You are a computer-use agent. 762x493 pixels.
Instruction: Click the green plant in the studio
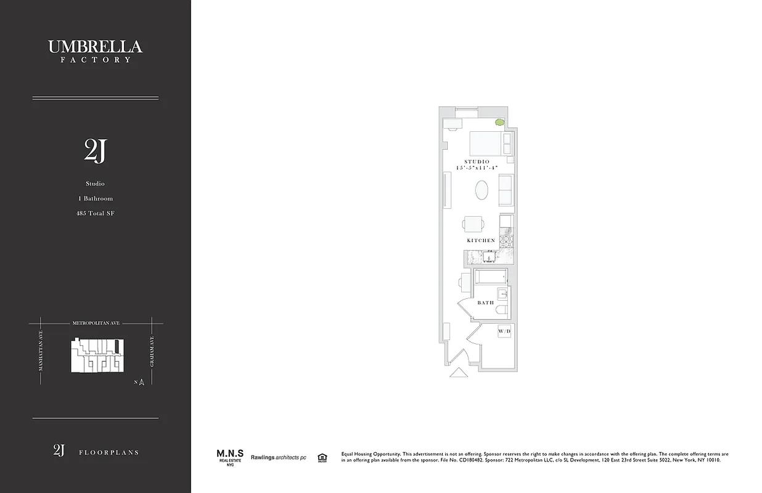pyautogui.click(x=499, y=122)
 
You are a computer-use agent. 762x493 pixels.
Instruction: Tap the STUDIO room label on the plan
pyautogui.click(x=477, y=161)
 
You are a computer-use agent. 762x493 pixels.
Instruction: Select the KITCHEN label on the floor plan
pyautogui.click(x=481, y=240)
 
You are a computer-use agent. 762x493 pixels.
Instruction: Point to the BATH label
pyautogui.click(x=485, y=303)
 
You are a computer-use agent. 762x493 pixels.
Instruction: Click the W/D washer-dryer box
pyautogui.click(x=504, y=332)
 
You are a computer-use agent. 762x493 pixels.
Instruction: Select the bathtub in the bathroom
pyautogui.click(x=490, y=277)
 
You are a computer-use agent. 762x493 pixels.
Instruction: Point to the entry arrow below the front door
pyautogui.click(x=458, y=372)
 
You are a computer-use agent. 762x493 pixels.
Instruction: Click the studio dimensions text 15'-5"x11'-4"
pyautogui.click(x=477, y=168)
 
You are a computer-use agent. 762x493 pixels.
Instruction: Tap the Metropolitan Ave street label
pyautogui.click(x=96, y=323)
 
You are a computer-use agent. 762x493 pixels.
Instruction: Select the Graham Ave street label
pyautogui.click(x=152, y=352)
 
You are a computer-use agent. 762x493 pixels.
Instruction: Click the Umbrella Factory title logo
pyautogui.click(x=95, y=50)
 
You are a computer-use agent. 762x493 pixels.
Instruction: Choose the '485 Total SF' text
pyautogui.click(x=95, y=214)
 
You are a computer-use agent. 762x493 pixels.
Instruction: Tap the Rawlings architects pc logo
pyautogui.click(x=278, y=457)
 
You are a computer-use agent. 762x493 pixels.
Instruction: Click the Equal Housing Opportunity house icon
pyautogui.click(x=321, y=457)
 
